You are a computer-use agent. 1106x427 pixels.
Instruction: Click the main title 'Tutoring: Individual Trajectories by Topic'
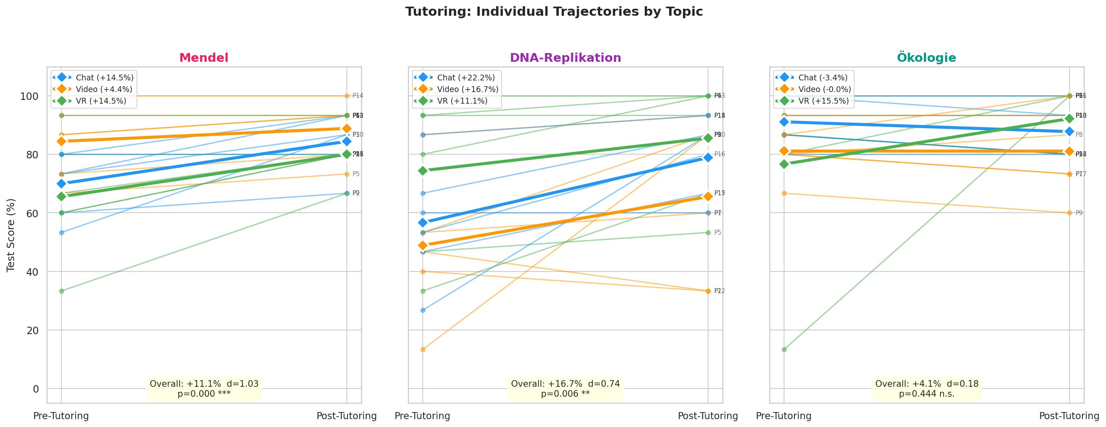554,12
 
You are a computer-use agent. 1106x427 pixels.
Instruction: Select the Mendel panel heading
204,58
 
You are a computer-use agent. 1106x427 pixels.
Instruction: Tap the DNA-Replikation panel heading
565,58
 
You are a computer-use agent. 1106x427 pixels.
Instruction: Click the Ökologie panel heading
926,58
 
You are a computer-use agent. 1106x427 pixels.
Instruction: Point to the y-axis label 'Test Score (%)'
11,235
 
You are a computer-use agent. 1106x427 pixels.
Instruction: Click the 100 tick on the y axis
29,96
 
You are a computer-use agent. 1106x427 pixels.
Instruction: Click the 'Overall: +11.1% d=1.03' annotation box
204,384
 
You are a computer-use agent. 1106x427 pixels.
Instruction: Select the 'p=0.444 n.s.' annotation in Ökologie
926,394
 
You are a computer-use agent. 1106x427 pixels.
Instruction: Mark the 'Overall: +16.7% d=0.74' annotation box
565,384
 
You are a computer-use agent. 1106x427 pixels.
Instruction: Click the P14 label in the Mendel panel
358,96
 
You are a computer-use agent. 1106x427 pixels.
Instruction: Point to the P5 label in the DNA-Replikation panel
717,233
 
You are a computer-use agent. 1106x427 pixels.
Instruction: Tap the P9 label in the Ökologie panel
1079,213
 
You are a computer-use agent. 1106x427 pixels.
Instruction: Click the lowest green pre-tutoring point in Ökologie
784,350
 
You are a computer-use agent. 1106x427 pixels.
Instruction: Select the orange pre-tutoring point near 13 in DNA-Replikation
422,350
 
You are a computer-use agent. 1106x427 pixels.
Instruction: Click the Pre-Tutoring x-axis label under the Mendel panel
61,416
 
